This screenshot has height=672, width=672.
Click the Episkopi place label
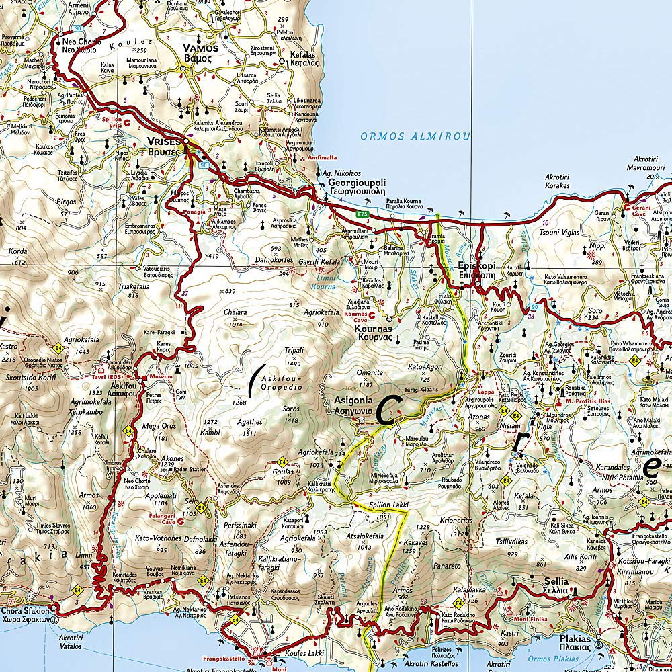click(x=476, y=265)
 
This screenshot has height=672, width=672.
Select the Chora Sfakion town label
click(x=25, y=611)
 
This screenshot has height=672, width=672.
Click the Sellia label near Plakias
click(x=556, y=581)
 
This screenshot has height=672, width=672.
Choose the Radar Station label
click(x=187, y=469)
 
